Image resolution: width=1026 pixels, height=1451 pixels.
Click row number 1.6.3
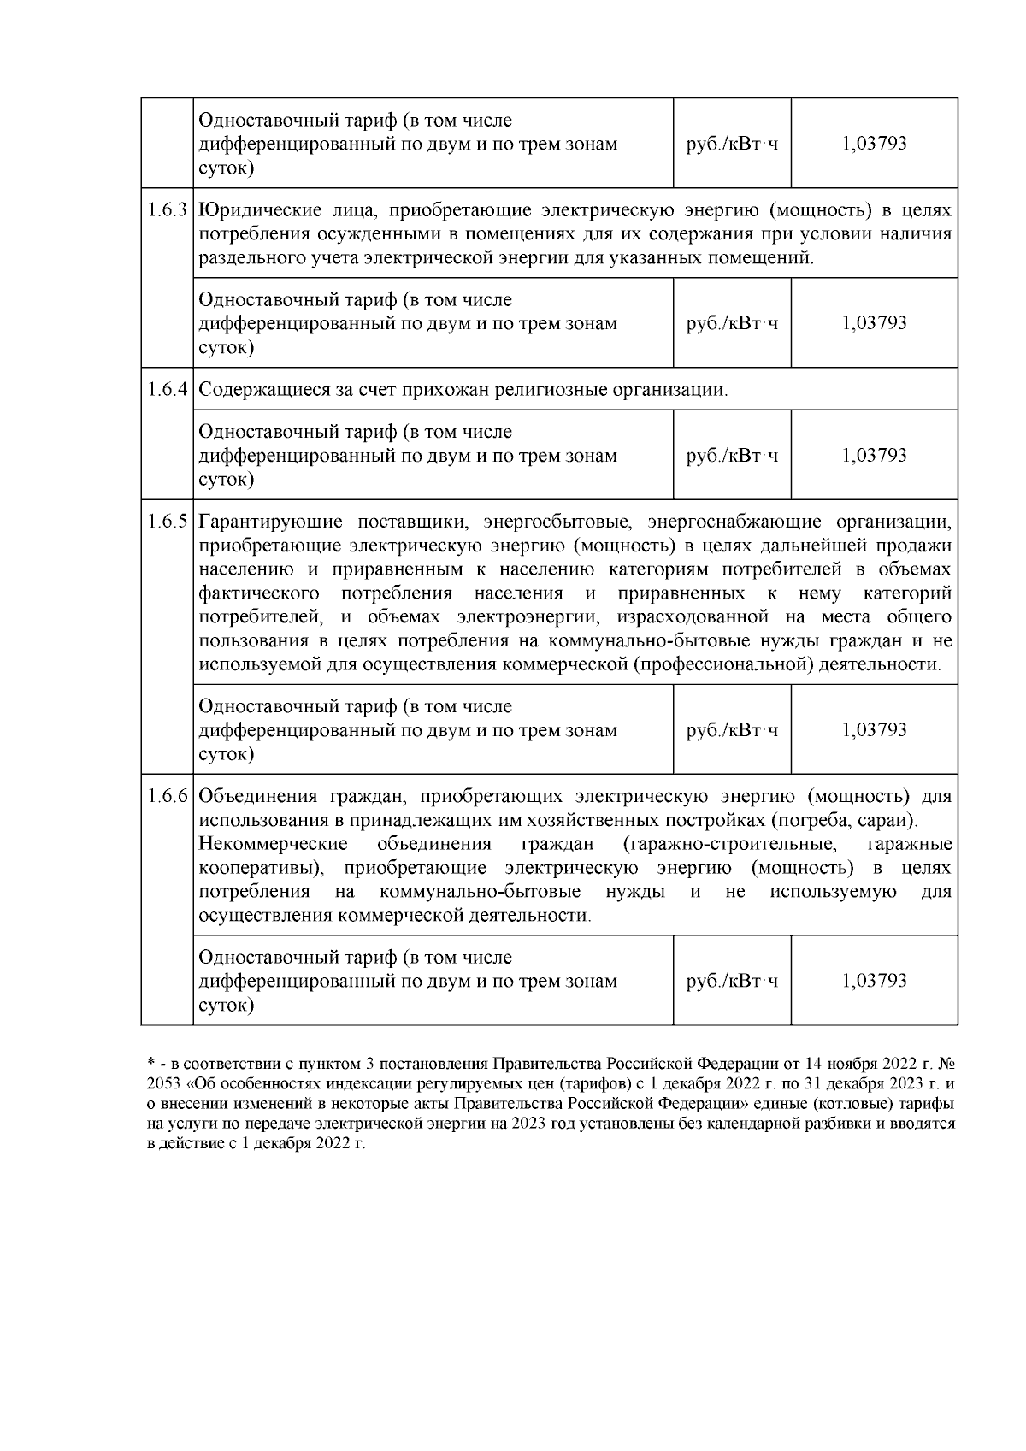167,211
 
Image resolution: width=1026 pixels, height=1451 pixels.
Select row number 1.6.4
167,391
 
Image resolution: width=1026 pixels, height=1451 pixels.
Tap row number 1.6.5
167,522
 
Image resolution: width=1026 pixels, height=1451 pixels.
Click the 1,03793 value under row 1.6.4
874,456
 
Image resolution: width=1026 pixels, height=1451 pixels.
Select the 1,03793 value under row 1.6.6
874,981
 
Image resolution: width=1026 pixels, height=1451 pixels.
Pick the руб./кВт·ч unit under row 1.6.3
732,324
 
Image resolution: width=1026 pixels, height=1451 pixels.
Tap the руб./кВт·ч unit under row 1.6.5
732,731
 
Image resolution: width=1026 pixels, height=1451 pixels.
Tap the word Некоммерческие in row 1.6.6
273,845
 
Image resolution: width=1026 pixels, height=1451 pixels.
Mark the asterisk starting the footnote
150,1063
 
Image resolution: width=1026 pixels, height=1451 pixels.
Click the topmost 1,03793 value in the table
874,144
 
